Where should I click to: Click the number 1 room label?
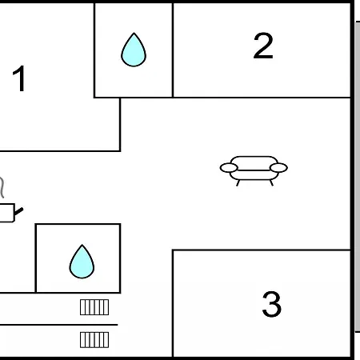(x=19, y=78)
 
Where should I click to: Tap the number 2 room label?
(x=263, y=46)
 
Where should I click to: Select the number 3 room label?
(x=272, y=304)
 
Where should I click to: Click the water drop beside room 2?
(x=134, y=50)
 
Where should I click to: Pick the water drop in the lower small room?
(x=82, y=262)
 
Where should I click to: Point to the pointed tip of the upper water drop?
(x=134, y=33)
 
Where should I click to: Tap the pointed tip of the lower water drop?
(x=82, y=245)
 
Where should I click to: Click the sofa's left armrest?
(x=229, y=168)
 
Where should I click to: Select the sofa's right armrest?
(x=278, y=168)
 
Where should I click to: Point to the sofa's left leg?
(x=238, y=182)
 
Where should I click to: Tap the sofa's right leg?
(x=271, y=182)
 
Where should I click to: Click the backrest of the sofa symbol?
(x=254, y=162)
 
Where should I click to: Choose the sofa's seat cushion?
(x=254, y=175)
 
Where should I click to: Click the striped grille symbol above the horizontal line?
(x=94, y=307)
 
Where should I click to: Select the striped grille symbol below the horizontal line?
(x=94, y=340)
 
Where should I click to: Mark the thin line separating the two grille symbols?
(x=58, y=325)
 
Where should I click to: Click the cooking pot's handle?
(x=18, y=211)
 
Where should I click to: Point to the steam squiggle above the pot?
(x=2, y=186)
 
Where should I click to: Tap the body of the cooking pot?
(x=7, y=213)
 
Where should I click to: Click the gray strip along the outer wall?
(x=358, y=177)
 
